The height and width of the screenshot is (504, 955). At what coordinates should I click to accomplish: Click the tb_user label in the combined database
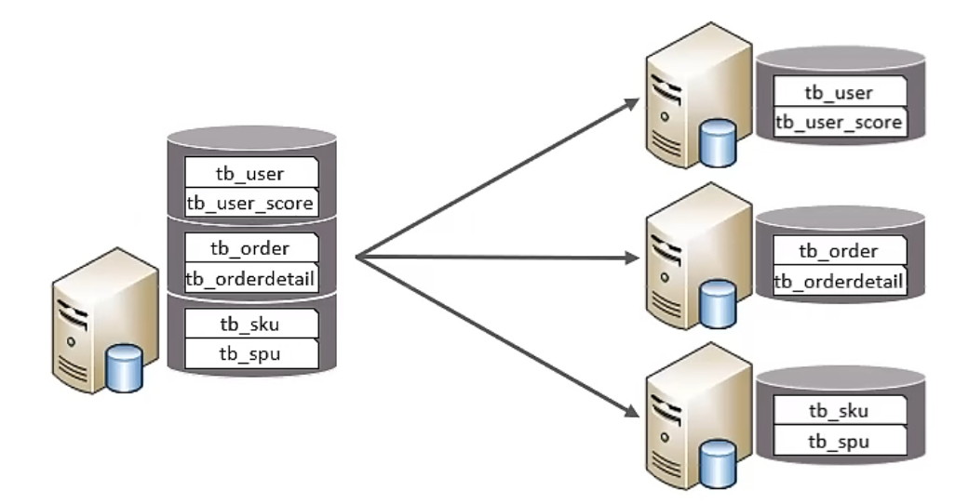[x=251, y=173]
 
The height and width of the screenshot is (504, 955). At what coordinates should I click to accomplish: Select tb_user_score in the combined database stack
[x=251, y=203]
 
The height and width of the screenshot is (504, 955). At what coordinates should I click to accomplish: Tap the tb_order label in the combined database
[x=251, y=248]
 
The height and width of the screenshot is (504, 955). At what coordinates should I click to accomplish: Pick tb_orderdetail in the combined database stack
[x=251, y=277]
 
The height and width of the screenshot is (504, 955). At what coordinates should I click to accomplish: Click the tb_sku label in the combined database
[x=251, y=324]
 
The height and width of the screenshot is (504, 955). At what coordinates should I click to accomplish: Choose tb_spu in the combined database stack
[x=251, y=353]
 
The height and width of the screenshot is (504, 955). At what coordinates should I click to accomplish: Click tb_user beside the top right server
[x=839, y=92]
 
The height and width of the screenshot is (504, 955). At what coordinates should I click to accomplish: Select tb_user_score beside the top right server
[x=839, y=122]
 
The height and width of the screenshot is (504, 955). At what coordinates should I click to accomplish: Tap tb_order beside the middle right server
[x=839, y=251]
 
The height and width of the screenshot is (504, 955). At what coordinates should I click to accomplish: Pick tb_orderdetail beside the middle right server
[x=839, y=281]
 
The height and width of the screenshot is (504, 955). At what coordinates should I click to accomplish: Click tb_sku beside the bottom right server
[x=839, y=410]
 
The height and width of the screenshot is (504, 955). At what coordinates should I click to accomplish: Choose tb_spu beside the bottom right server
[x=839, y=440]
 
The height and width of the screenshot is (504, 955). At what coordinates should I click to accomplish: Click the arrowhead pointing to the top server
[x=628, y=101]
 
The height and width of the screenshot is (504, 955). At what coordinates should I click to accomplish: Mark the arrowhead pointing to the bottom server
[x=628, y=415]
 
